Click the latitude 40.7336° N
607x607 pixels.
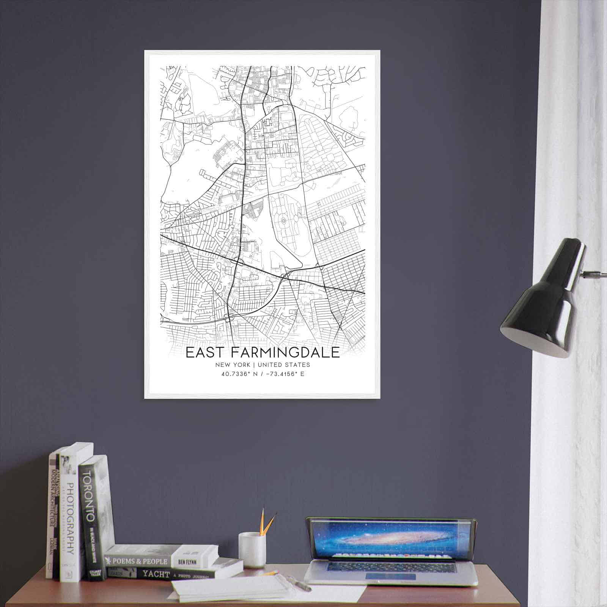tap(239, 374)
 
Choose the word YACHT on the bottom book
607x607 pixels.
tap(156, 574)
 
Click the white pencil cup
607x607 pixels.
tap(252, 549)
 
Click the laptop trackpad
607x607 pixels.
tap(391, 576)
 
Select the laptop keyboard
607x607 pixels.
tap(391, 566)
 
